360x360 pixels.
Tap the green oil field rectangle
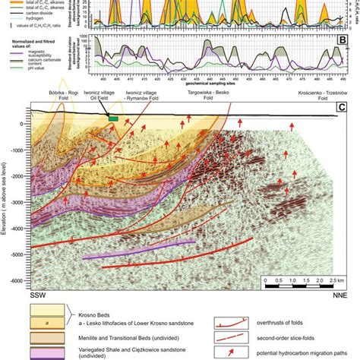[113, 118]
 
